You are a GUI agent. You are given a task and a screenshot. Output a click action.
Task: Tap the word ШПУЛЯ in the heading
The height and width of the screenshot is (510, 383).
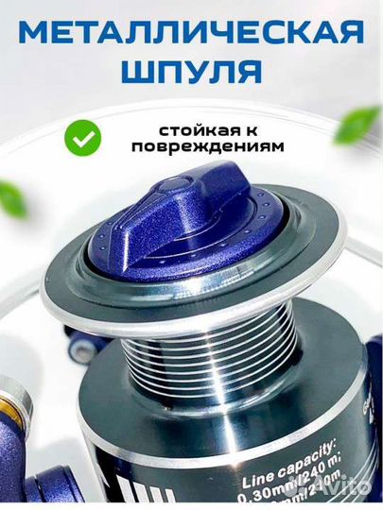(191, 73)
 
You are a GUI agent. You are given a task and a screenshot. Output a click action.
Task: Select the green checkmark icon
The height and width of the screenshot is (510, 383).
(83, 139)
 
